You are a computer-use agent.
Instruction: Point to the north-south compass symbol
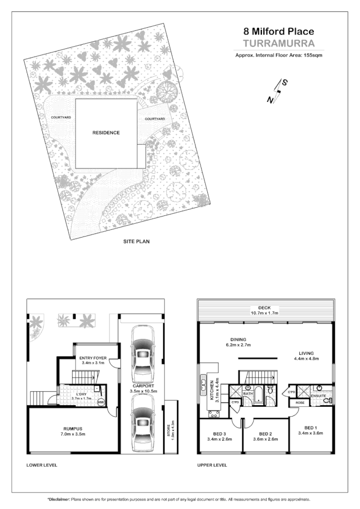[x=278, y=92]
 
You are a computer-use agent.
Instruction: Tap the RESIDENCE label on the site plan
[x=106, y=133]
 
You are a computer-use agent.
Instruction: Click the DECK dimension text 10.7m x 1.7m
[x=265, y=313]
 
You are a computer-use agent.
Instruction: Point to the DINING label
[x=239, y=339]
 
